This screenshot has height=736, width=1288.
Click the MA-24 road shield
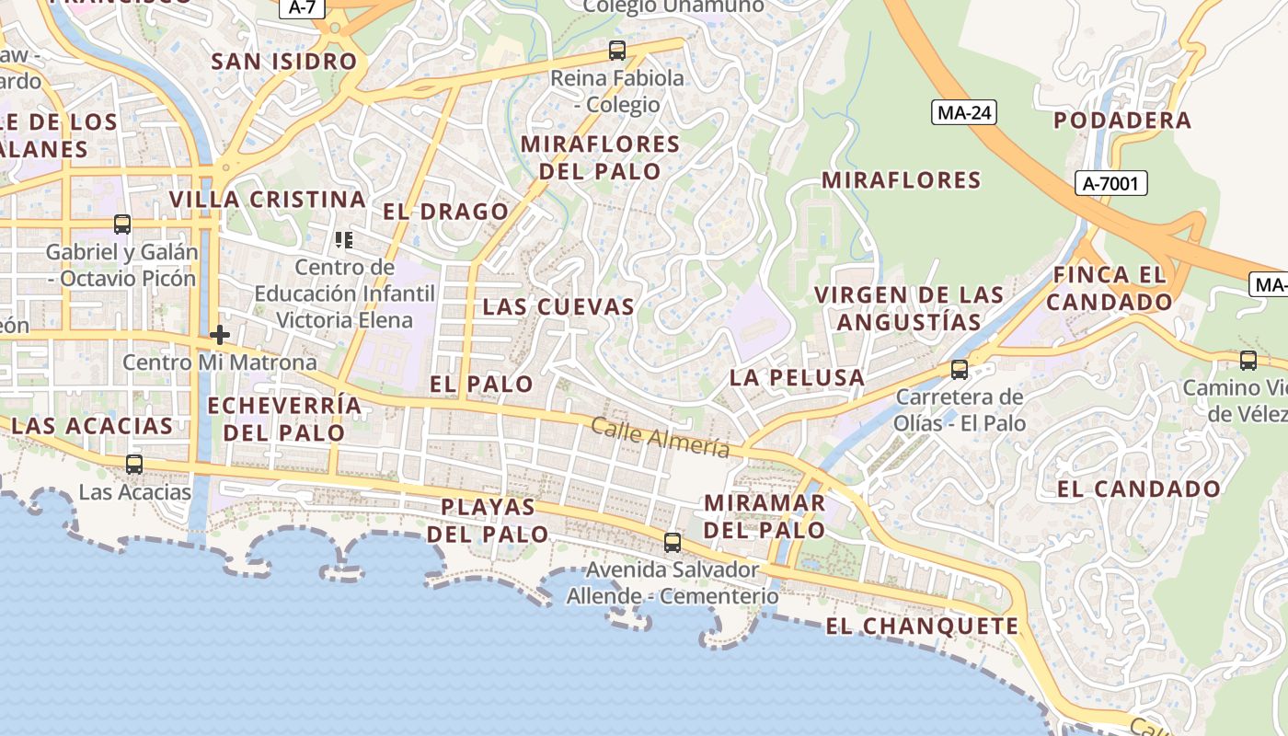[x=963, y=112]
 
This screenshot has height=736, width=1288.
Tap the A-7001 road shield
[x=1110, y=183]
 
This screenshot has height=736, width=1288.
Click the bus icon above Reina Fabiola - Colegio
[x=617, y=51]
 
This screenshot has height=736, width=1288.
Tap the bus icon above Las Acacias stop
[x=134, y=465]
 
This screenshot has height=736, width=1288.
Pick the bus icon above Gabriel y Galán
[x=122, y=224]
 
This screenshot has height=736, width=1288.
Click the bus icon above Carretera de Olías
[x=960, y=370]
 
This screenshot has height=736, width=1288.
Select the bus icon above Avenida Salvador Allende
[x=673, y=542]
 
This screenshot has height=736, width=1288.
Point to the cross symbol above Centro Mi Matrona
[x=219, y=335]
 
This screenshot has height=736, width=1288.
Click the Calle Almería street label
[x=660, y=437]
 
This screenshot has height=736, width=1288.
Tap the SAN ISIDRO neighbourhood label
[x=283, y=62]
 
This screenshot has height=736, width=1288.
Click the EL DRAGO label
[x=445, y=212]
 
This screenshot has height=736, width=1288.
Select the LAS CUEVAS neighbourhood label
[x=558, y=307]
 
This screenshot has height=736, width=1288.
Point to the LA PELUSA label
[x=797, y=377]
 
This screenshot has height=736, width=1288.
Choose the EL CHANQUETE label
[x=922, y=627]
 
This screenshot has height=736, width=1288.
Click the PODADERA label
[x=1121, y=121]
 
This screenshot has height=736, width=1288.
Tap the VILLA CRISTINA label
[x=267, y=200]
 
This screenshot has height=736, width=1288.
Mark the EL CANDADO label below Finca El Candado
[x=1138, y=489]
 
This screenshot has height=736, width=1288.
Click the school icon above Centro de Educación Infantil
[x=344, y=241]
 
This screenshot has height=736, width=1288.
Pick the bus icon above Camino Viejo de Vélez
[x=1248, y=361]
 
